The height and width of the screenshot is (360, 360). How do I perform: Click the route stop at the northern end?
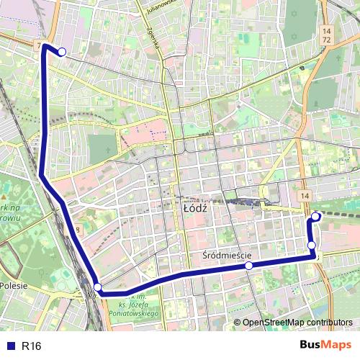pos(62,51)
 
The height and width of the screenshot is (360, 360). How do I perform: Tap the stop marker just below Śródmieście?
pos(248,266)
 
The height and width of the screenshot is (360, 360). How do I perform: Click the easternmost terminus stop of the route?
pos(315,217)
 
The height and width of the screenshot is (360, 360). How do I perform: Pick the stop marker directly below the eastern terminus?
pos(312,246)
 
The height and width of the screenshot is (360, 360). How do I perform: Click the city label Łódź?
pos(195,207)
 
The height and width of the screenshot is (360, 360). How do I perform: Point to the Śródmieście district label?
pos(227,254)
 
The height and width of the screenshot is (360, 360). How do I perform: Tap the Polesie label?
pos(13,286)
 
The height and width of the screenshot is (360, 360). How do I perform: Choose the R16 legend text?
pos(32,346)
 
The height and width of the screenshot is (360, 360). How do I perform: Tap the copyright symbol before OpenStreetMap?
pos(237,323)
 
